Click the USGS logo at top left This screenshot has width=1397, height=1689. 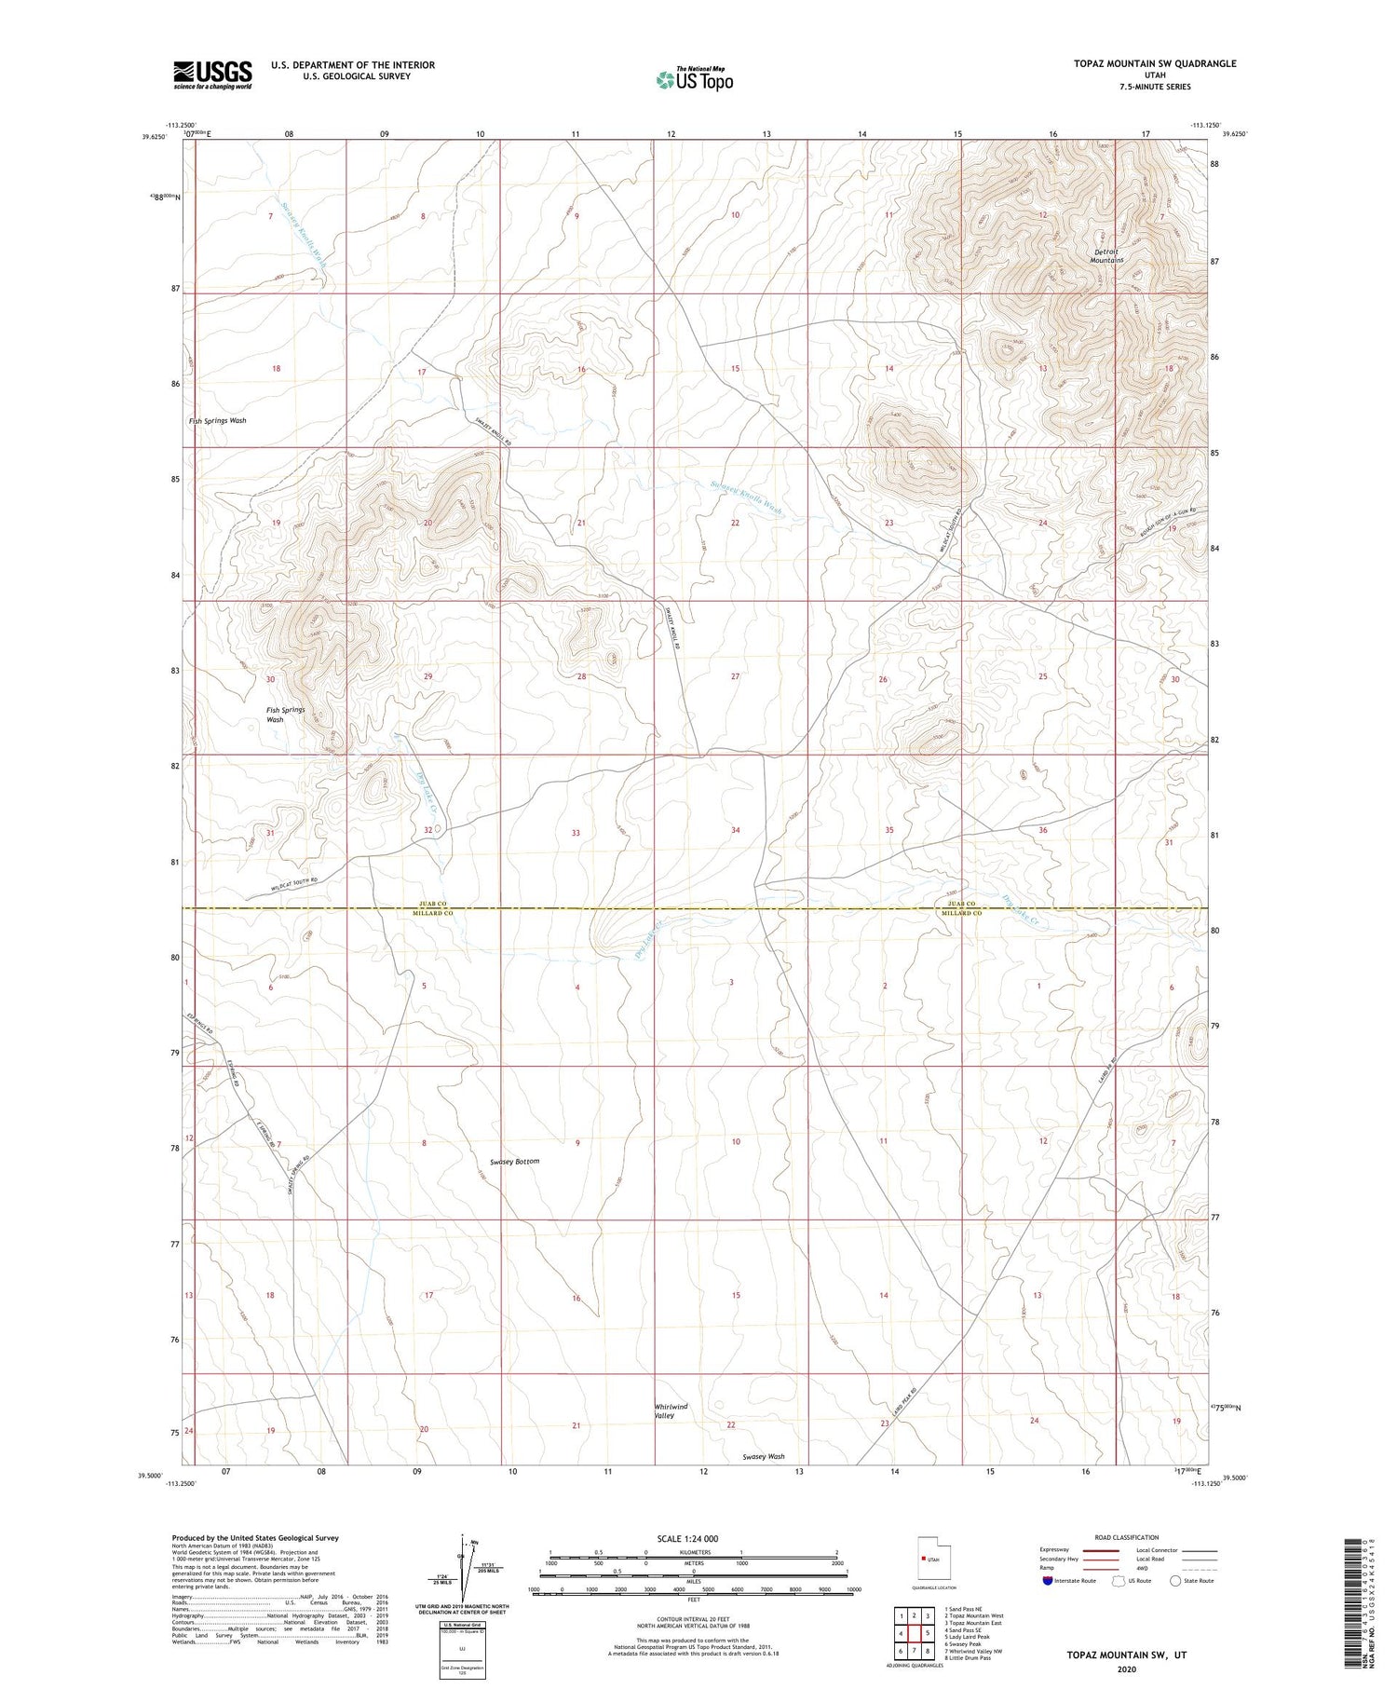tap(212, 75)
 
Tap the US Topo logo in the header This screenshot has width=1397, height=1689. tap(695, 79)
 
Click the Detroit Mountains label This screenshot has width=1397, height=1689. tap(1107, 256)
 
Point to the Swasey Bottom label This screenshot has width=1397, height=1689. tap(514, 1162)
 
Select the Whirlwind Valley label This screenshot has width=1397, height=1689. tap(671, 1411)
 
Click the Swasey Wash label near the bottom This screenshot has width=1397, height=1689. tap(764, 1456)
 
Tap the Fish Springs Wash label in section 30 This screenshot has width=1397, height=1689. tap(286, 715)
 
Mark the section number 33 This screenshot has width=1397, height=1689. tap(576, 833)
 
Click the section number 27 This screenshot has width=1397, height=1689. tap(735, 676)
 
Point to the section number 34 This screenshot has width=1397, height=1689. tap(735, 829)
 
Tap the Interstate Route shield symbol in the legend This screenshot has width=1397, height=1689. tap(1047, 1581)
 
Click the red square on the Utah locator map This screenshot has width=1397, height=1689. tap(924, 1558)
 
